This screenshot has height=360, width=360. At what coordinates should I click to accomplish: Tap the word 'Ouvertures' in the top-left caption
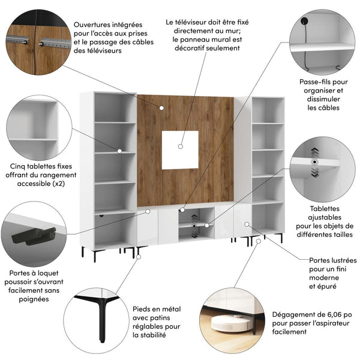pyautogui.click(x=97, y=25)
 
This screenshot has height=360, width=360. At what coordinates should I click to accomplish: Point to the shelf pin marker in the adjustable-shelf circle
pyautogui.click(x=313, y=163)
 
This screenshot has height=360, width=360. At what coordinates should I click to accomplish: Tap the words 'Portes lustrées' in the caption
pyautogui.click(x=333, y=260)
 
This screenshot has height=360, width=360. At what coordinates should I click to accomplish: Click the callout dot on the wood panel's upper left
pyautogui.click(x=161, y=107)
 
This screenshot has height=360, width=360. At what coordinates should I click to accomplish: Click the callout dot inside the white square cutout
pyautogui.click(x=181, y=145)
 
